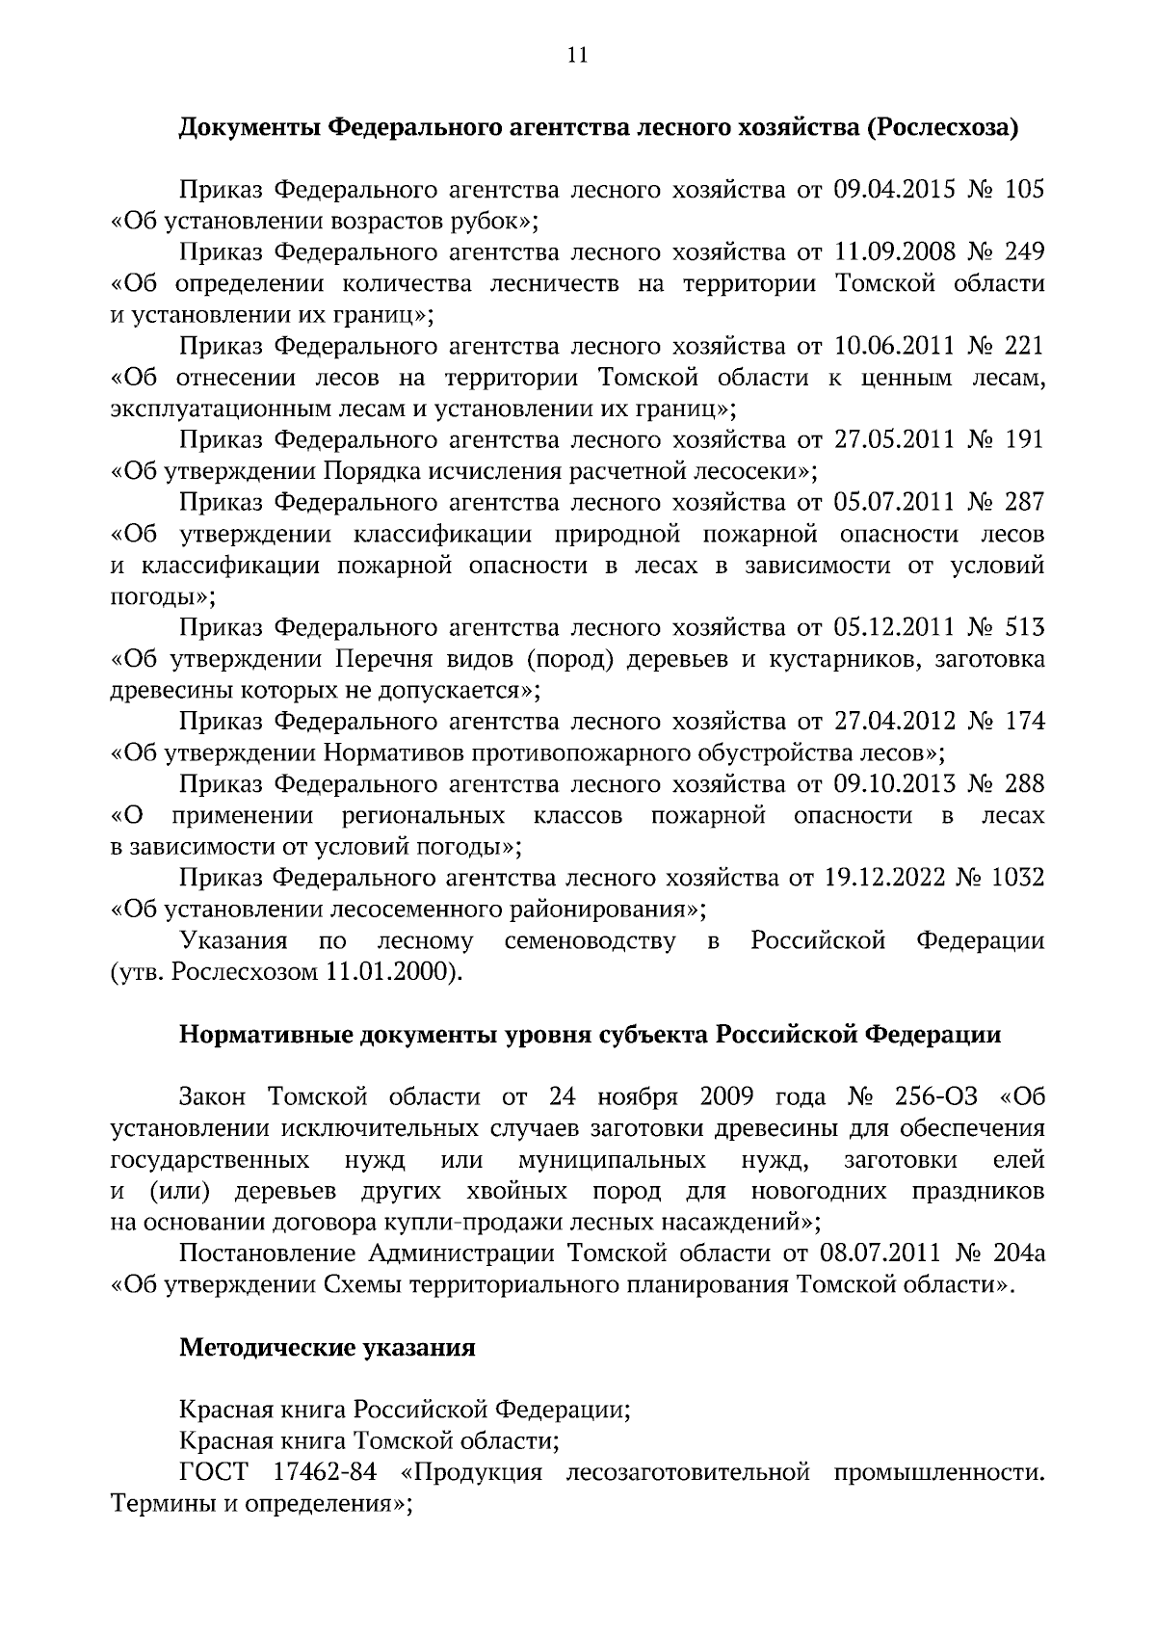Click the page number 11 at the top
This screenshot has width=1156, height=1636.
click(577, 55)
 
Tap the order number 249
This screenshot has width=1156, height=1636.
click(1024, 252)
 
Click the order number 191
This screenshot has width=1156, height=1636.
click(1024, 440)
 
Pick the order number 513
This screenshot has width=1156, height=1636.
click(1024, 628)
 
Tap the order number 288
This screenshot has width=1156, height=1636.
click(1024, 784)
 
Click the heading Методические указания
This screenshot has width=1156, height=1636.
click(328, 1348)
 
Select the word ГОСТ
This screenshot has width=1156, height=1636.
click(213, 1473)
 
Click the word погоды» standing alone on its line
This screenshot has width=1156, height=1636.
click(163, 596)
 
